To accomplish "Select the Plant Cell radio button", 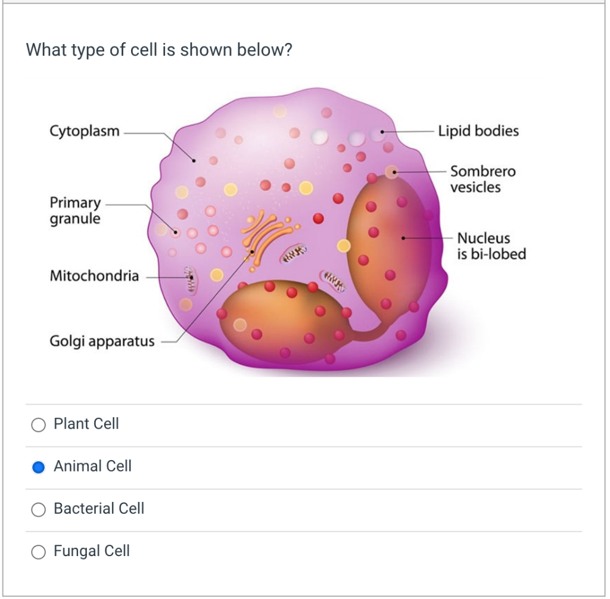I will pos(39,424).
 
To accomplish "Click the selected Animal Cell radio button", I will pos(39,467).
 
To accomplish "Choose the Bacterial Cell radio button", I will pos(39,509).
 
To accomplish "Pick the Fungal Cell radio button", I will pos(39,551).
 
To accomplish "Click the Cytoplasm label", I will pos(85,131).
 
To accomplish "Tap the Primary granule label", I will pos(75,210).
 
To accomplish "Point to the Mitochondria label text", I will pos(94,276).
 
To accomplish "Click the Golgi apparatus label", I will pos(102,342).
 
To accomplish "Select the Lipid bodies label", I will pos(478,131).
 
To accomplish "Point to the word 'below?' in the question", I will pos(264,50).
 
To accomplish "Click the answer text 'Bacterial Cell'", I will pos(99,509).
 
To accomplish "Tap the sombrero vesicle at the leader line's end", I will pos(391,172).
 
